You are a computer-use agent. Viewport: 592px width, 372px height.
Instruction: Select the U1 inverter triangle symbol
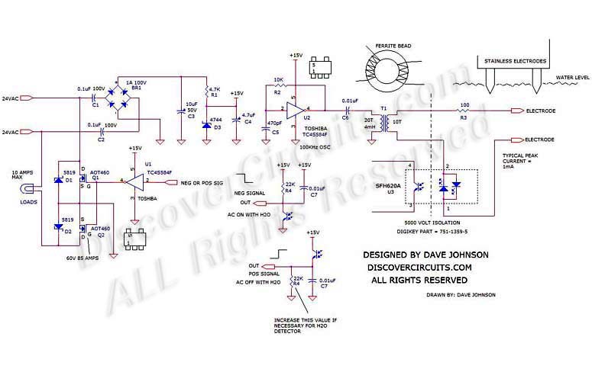pyautogui.click(x=135, y=181)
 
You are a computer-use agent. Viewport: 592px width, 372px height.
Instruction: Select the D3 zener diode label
pyautogui.click(x=218, y=128)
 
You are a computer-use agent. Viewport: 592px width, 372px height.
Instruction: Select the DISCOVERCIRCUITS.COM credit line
pyautogui.click(x=418, y=268)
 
